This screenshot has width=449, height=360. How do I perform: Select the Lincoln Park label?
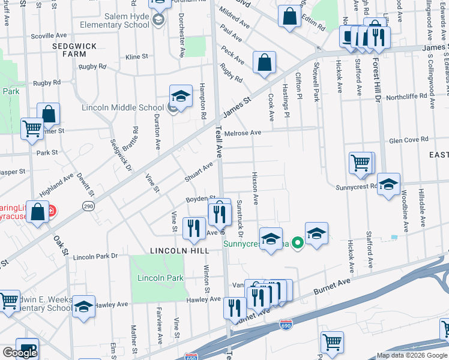pyautogui.click(x=160, y=278)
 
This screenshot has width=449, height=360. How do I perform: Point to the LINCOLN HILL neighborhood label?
pyautogui.click(x=179, y=250)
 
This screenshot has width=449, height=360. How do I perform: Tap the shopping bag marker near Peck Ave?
pyautogui.click(x=264, y=63)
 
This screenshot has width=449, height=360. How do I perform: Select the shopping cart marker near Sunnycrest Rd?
pyautogui.click(x=361, y=163)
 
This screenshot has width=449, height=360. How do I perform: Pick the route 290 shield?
pyautogui.click(x=88, y=206)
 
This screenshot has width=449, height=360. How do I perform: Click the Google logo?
pyautogui.click(x=20, y=353)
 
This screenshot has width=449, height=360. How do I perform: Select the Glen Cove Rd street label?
pyautogui.click(x=408, y=139)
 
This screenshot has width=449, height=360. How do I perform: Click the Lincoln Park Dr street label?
pyautogui.click(x=95, y=256)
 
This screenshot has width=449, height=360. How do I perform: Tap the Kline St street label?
pyautogui.click(x=137, y=56)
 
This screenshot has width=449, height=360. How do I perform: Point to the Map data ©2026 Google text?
pyautogui.click(x=411, y=355)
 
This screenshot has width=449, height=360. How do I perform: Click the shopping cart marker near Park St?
pyautogui.click(x=32, y=128)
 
